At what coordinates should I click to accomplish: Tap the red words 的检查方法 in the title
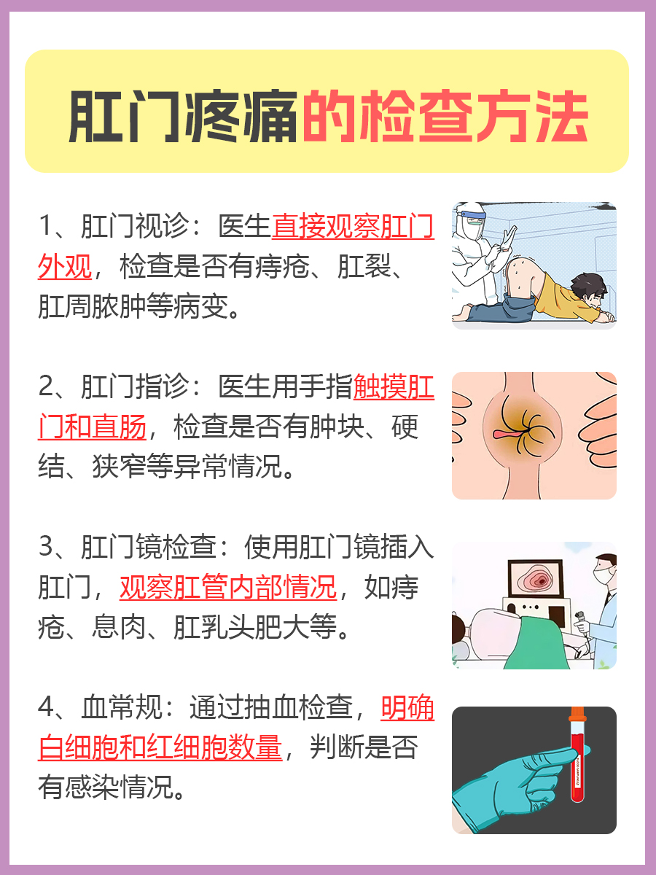click(x=444, y=117)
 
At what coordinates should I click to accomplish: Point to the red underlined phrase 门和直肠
click(x=92, y=427)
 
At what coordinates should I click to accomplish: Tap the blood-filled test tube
click(x=577, y=758)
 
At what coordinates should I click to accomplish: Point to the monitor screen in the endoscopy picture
click(x=536, y=580)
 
